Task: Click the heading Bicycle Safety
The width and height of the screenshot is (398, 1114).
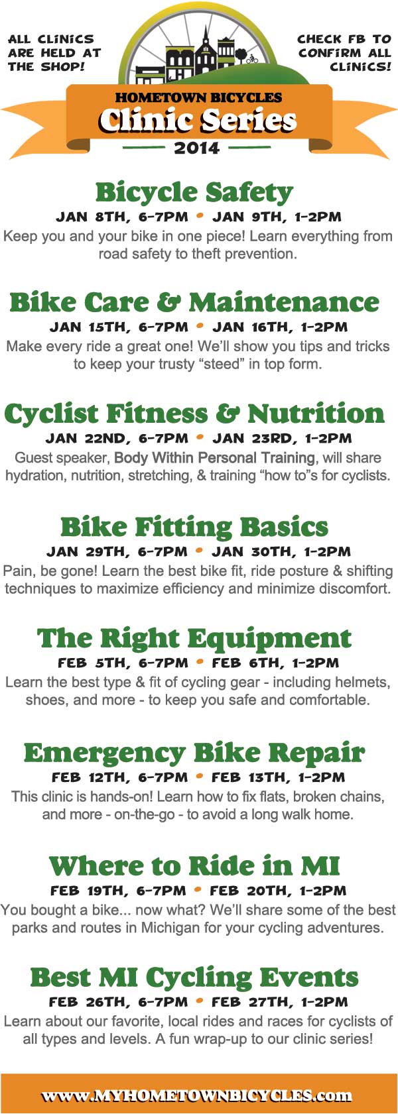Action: (194, 193)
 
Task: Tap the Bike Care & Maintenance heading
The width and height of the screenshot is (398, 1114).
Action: (194, 303)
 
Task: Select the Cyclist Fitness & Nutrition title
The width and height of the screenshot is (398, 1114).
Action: (194, 414)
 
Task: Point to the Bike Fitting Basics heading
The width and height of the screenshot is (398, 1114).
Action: (194, 528)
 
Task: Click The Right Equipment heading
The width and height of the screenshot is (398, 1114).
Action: (194, 639)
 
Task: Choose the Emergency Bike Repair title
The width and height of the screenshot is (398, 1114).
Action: (194, 753)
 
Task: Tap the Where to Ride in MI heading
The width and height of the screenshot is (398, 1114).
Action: (194, 866)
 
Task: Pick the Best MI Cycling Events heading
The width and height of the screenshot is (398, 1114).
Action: (194, 978)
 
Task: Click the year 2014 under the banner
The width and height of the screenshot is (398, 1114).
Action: (197, 148)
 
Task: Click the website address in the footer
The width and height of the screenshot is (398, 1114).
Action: (197, 1095)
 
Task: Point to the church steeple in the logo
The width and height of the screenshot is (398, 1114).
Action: (206, 36)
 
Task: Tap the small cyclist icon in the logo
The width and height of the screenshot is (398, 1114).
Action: (252, 58)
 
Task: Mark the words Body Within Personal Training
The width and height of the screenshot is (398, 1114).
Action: (214, 458)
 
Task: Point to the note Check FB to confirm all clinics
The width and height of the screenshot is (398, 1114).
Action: (344, 53)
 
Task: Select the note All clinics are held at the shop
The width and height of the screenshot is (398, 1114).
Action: (54, 53)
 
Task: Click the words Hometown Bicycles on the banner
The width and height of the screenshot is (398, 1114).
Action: (198, 98)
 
